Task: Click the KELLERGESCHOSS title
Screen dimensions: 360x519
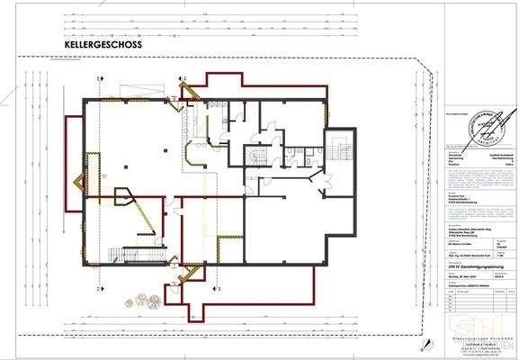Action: click(103, 43)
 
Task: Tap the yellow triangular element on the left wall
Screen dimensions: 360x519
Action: click(83, 185)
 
